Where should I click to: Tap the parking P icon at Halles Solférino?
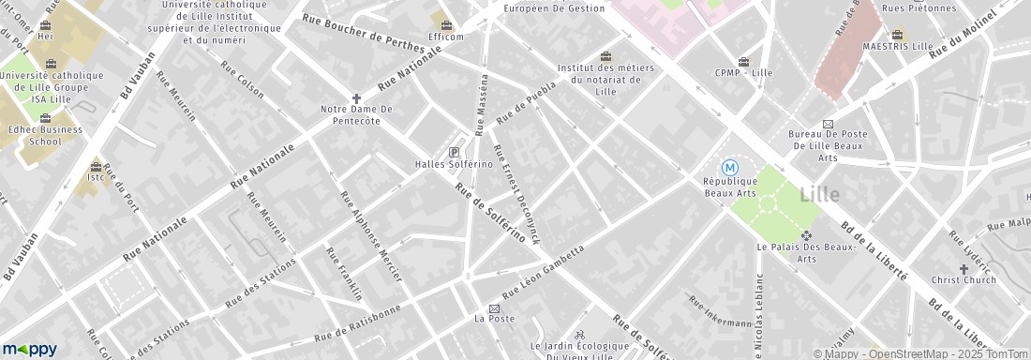click(x=455, y=152)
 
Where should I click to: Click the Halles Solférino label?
click(x=455, y=165)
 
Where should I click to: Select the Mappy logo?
click(x=29, y=349)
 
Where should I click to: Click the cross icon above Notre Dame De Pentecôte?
click(x=356, y=97)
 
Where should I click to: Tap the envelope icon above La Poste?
click(x=494, y=308)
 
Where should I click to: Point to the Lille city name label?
click(x=821, y=195)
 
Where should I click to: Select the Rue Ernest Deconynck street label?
click(x=517, y=195)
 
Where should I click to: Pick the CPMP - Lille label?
click(x=743, y=72)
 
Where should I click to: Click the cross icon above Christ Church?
click(x=964, y=268)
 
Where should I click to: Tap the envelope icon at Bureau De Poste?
click(x=828, y=124)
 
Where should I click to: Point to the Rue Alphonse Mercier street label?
click(x=370, y=237)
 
